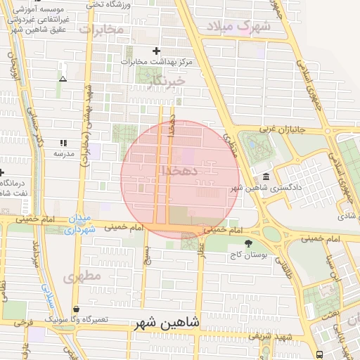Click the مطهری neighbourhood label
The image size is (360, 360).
tap(82, 276)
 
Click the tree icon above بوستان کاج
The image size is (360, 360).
tap(247, 243)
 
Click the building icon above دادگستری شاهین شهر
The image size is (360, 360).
tap(266, 176)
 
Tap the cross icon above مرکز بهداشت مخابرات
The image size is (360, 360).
tap(156, 51)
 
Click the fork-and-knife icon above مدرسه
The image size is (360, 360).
tap(63, 143)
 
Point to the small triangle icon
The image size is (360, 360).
tap(63, 79)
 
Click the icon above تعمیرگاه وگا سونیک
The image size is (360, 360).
tap(77, 309)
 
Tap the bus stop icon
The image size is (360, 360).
tap(320, 354)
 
